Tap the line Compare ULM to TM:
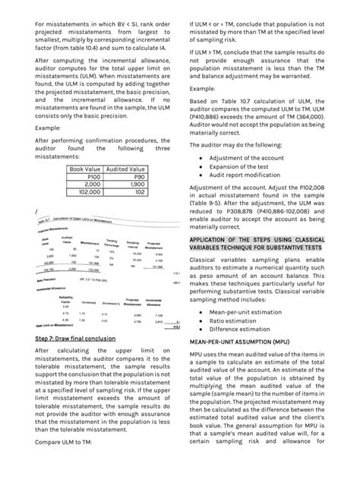[x=65, y=462]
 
